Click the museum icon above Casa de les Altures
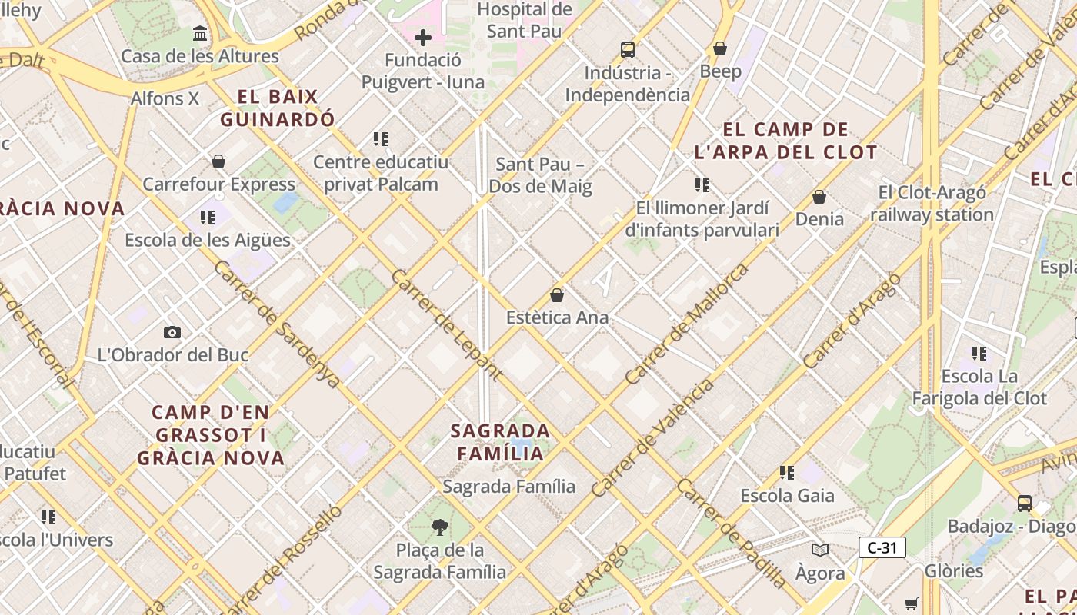pyautogui.click(x=201, y=34)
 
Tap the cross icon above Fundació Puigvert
pyautogui.click(x=422, y=38)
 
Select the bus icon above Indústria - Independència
pyautogui.click(x=628, y=50)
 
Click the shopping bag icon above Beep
pyautogui.click(x=720, y=49)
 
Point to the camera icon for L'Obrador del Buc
pyautogui.click(x=172, y=333)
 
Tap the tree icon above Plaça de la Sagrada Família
pyautogui.click(x=439, y=527)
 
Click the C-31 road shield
pyautogui.click(x=882, y=548)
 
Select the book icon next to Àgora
pyautogui.click(x=820, y=550)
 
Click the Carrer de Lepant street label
pyautogui.click(x=446, y=325)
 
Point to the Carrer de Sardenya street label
pyautogui.click(x=277, y=324)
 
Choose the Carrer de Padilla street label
pyautogui.click(x=731, y=533)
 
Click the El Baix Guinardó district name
pyautogui.click(x=278, y=108)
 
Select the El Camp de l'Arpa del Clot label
pyautogui.click(x=785, y=141)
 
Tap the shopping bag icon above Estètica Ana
pyautogui.click(x=557, y=295)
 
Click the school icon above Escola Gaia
pyautogui.click(x=786, y=472)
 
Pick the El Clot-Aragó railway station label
pyautogui.click(x=932, y=203)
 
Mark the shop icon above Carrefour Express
pyautogui.click(x=218, y=162)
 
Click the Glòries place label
pyautogui.click(x=954, y=571)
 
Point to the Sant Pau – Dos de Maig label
pyautogui.click(x=540, y=175)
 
